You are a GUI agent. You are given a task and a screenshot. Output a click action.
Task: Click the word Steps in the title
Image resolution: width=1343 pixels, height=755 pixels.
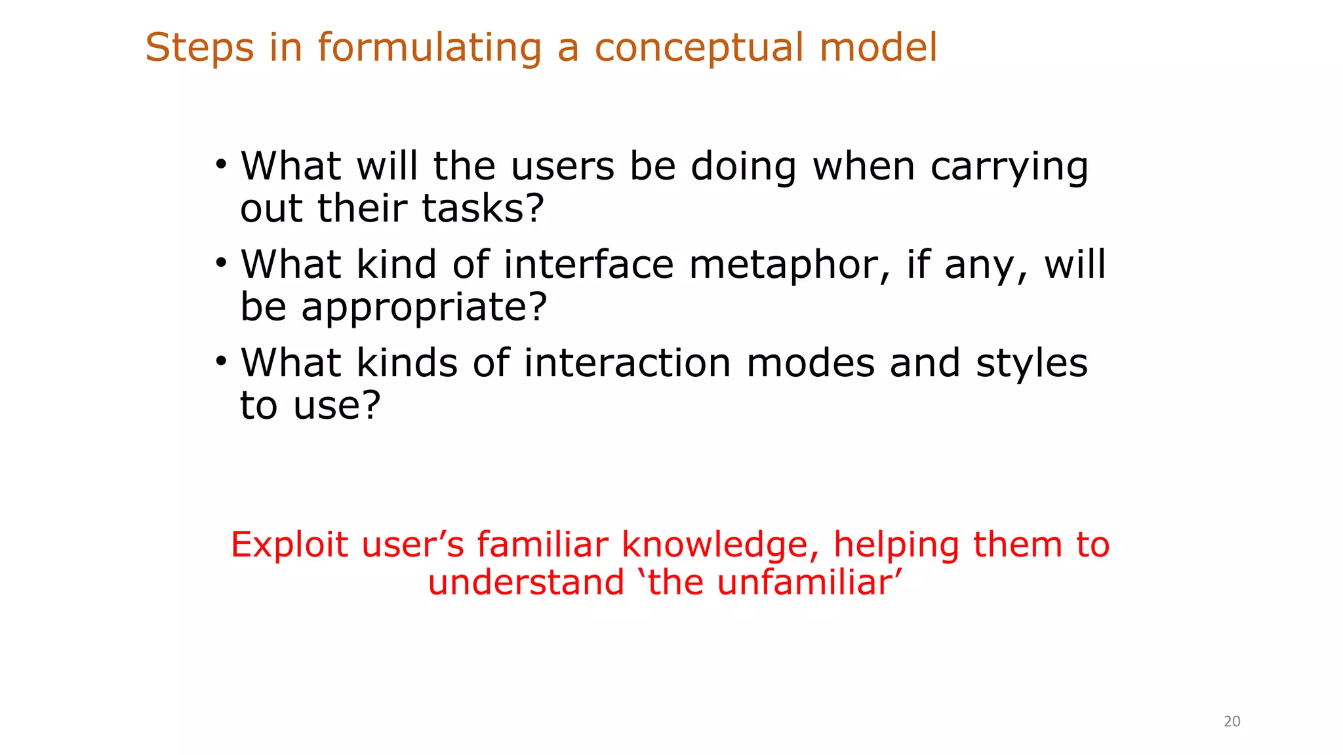(x=199, y=48)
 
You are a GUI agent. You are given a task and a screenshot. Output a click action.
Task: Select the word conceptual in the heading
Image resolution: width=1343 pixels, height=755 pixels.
(x=698, y=48)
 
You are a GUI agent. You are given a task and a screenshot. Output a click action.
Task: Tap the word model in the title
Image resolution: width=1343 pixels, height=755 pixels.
(x=878, y=48)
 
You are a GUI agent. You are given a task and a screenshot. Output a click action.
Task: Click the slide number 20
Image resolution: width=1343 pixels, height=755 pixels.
(x=1232, y=722)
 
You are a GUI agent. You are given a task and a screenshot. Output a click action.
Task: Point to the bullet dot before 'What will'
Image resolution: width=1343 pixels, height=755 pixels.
(x=221, y=164)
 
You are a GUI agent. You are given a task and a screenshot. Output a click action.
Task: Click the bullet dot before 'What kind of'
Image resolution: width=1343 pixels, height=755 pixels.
(x=221, y=263)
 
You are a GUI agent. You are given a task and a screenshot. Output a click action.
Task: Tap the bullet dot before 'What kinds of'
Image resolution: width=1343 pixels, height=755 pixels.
(x=221, y=361)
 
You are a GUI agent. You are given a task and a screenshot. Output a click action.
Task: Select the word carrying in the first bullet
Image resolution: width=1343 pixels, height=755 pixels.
(x=1009, y=168)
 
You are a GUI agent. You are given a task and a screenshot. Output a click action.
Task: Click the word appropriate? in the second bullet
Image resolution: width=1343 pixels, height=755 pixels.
(x=424, y=308)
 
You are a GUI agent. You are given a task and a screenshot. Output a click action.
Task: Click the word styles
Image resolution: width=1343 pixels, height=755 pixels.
(x=1032, y=364)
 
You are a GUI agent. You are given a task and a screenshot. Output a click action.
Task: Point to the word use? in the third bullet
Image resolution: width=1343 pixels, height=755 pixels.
(x=336, y=406)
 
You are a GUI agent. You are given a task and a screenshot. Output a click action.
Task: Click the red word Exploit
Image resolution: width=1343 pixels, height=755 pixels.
(x=289, y=545)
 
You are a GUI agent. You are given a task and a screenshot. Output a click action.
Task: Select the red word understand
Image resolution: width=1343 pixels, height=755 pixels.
(x=526, y=583)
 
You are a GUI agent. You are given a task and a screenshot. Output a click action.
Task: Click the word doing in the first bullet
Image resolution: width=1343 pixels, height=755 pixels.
(x=743, y=168)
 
